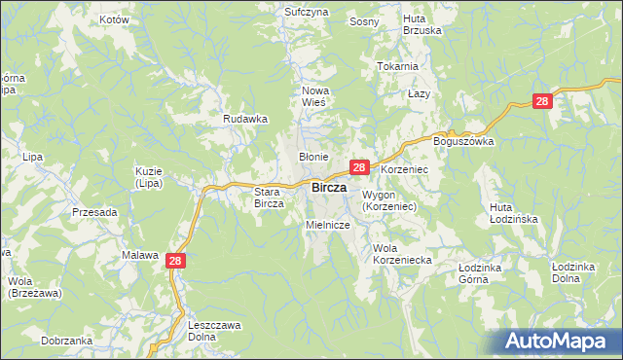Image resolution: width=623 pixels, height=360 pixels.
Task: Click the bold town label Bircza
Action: tap(329, 187)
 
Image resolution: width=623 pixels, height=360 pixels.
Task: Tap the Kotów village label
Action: tap(114, 19)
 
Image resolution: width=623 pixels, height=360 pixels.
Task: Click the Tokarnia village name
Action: tap(397, 66)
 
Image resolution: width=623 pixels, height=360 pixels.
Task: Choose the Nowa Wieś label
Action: tap(314, 96)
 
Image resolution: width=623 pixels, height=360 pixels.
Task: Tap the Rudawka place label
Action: tap(245, 119)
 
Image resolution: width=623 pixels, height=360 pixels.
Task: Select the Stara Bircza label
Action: tap(268, 198)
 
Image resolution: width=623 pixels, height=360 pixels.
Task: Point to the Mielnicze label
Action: tap(327, 225)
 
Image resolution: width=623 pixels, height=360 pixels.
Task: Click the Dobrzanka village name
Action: tap(67, 341)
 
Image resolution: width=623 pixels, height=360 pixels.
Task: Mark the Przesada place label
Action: tap(94, 212)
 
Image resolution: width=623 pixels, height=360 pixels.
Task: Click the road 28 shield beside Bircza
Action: tap(359, 167)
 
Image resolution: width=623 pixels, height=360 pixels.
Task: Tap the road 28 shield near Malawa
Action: tap(175, 260)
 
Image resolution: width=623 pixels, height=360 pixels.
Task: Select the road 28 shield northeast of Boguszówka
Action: tap(543, 100)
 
